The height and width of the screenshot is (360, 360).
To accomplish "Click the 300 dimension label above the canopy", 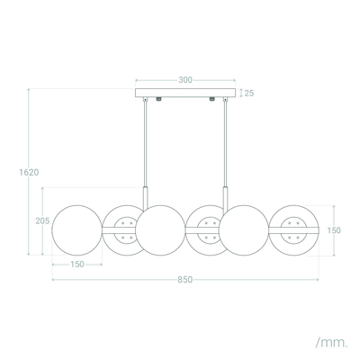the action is tap(185, 80).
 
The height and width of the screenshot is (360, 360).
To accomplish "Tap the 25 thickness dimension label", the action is tap(249, 94).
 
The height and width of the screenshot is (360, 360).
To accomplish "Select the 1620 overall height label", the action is tap(29, 173).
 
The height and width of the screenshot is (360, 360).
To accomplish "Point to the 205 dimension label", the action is tap(42, 221).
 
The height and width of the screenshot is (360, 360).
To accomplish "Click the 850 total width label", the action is tap(184, 280).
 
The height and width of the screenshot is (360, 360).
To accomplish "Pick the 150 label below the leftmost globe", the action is tap(77, 265).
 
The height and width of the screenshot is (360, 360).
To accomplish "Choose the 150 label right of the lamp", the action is tap(334, 230).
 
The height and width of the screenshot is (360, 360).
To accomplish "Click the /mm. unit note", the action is tap(331, 342).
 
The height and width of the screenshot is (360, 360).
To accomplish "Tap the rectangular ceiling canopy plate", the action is tap(185, 93).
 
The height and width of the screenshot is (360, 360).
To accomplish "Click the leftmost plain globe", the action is tap(77, 230).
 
